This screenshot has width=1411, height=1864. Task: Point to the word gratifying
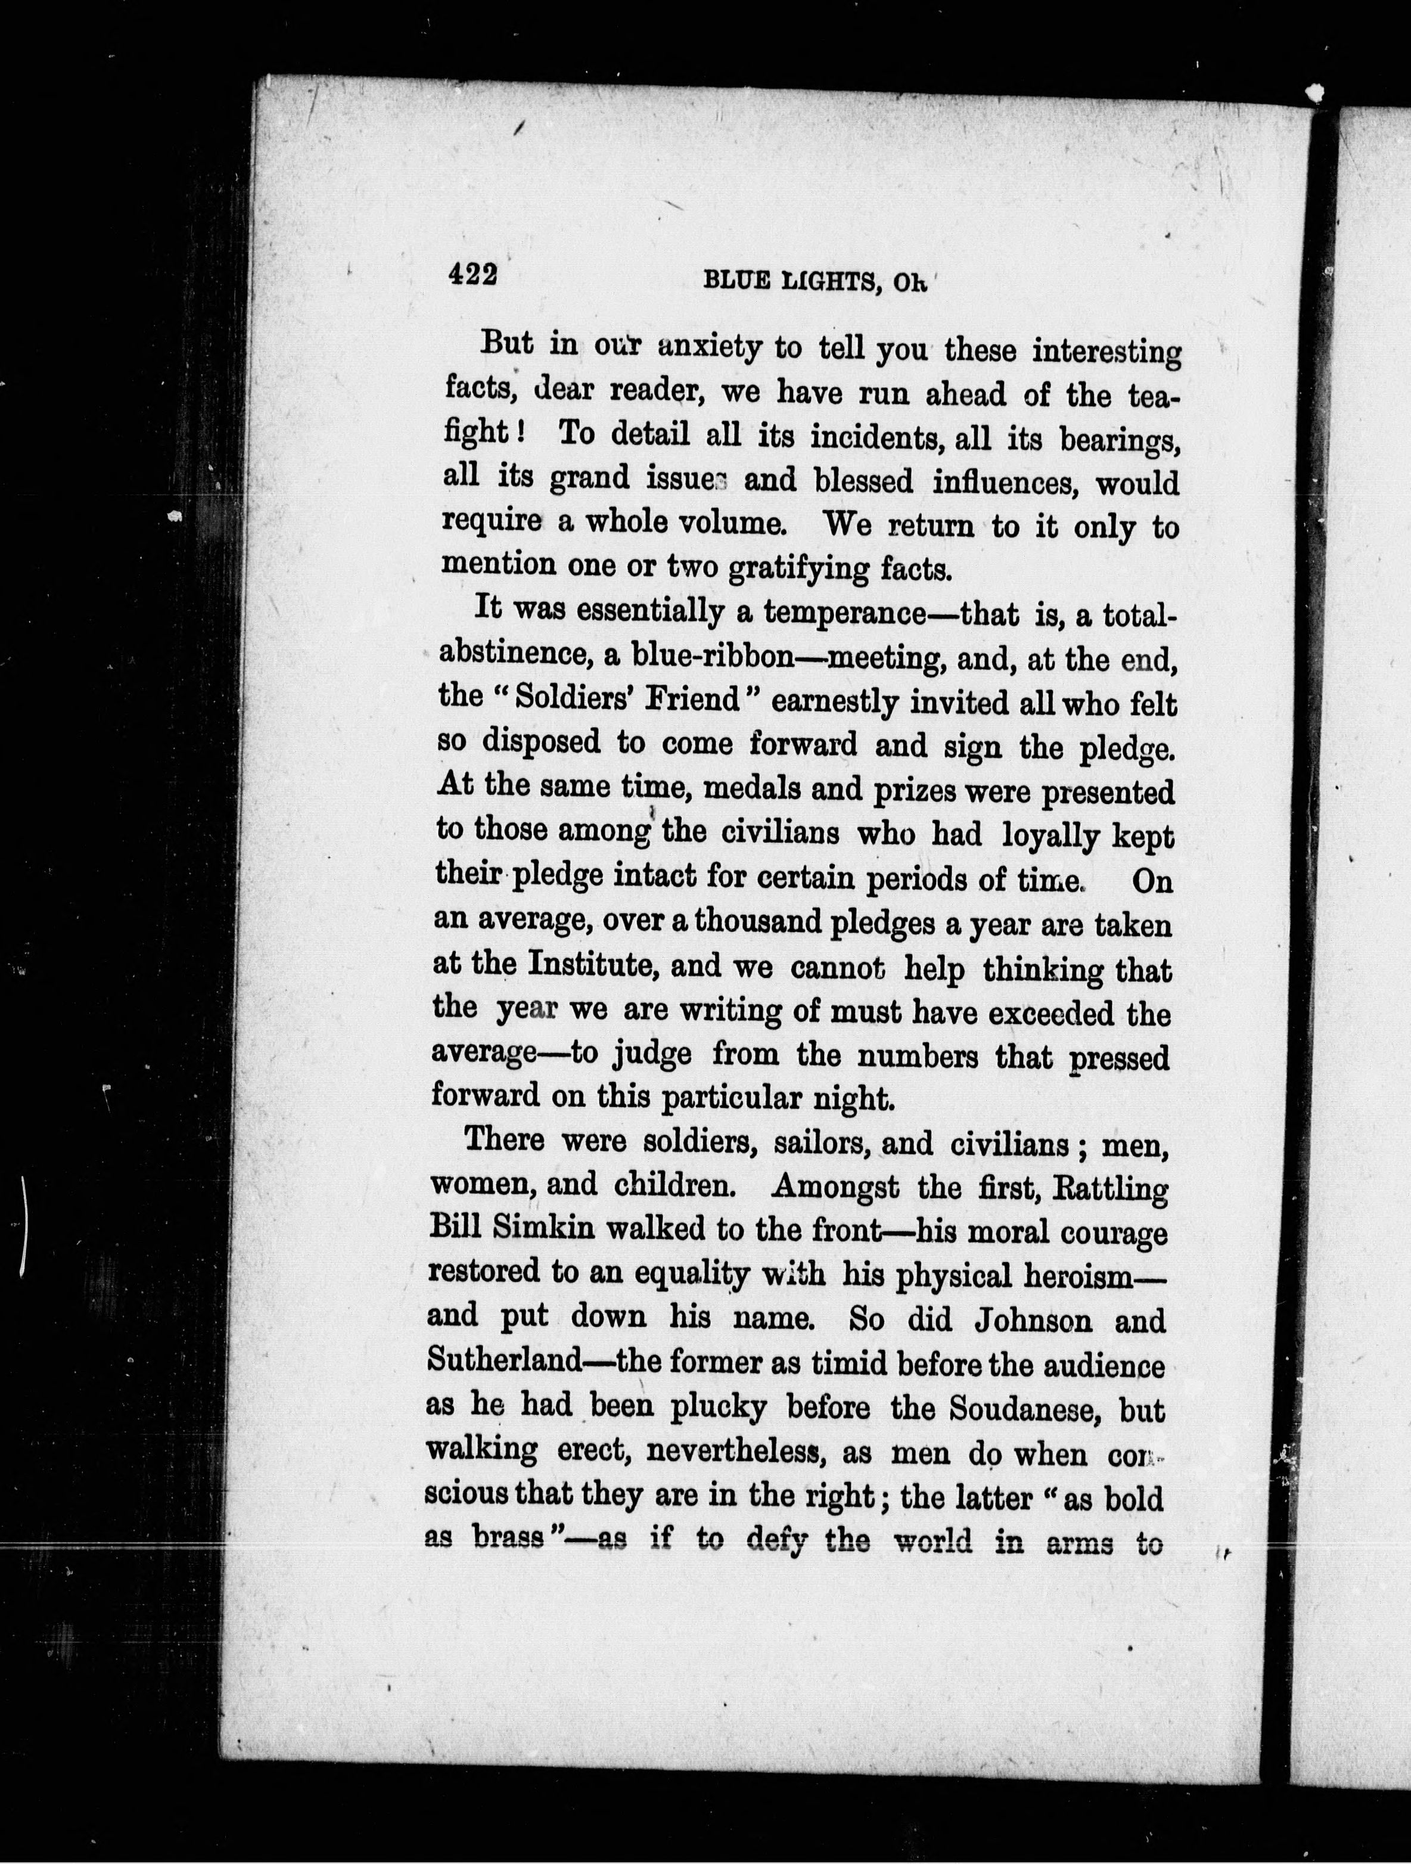click(798, 570)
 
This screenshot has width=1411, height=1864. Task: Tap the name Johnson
click(1032, 1319)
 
